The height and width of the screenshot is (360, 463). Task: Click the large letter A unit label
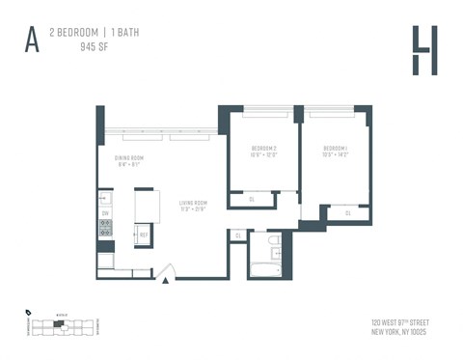pyautogui.click(x=32, y=40)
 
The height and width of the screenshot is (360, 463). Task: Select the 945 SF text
pyautogui.click(x=94, y=46)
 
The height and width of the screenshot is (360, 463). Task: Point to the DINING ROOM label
pyautogui.click(x=129, y=160)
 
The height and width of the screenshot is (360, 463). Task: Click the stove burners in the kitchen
pyautogui.click(x=106, y=230)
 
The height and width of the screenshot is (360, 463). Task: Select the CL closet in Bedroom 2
pyautogui.click(x=251, y=200)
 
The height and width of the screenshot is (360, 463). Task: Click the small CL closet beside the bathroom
pyautogui.click(x=237, y=235)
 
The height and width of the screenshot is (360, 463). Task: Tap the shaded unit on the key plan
pyautogui.click(x=58, y=324)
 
